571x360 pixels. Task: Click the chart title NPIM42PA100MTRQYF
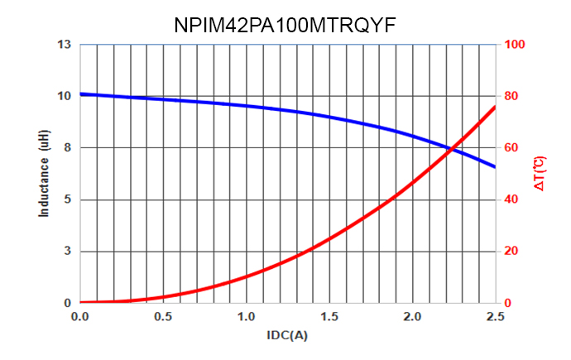(x=285, y=24)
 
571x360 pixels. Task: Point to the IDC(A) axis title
(x=287, y=335)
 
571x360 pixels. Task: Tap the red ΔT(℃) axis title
(x=539, y=174)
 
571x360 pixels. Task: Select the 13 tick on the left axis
(x=65, y=45)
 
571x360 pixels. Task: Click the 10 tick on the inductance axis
(x=65, y=96)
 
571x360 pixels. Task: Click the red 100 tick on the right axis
(x=515, y=45)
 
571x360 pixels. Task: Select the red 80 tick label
(x=512, y=96)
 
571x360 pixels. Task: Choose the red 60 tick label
(x=512, y=148)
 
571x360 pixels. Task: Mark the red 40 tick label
(x=512, y=199)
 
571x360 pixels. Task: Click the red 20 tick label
(x=512, y=252)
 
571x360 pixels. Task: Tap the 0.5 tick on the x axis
(x=163, y=317)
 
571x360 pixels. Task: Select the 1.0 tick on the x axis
(x=246, y=317)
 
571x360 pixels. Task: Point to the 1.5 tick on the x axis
(x=329, y=317)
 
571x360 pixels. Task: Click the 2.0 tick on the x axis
(x=412, y=317)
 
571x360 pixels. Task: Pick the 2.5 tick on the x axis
(x=495, y=317)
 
